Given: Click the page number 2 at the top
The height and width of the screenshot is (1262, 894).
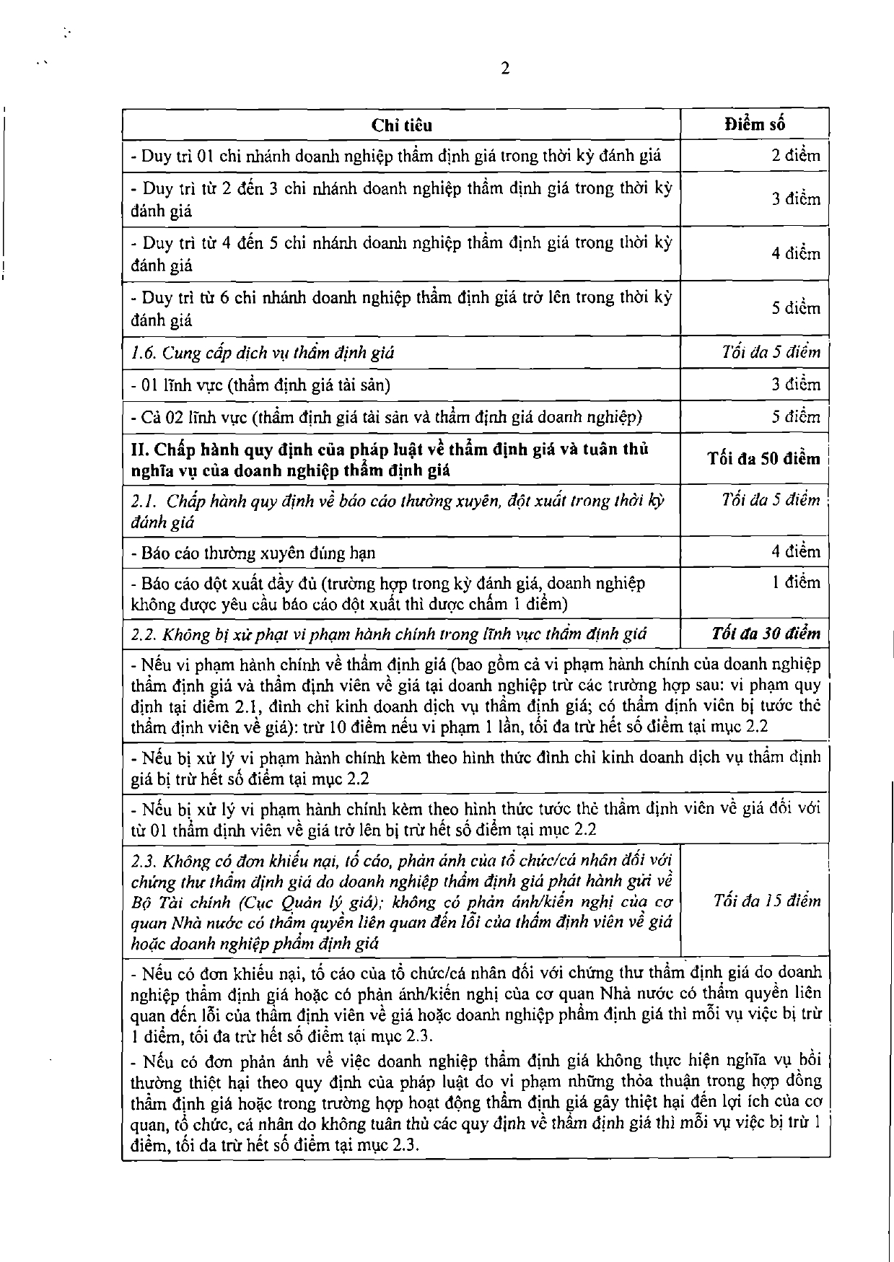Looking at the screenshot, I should (x=504, y=69).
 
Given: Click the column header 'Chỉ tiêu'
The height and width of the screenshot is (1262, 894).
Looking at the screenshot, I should (x=402, y=125).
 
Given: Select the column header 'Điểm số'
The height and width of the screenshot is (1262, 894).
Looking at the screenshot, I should (x=755, y=124).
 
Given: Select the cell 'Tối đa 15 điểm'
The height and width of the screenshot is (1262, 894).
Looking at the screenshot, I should (x=767, y=901).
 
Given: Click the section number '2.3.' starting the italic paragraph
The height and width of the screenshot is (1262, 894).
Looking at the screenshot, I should (x=144, y=861).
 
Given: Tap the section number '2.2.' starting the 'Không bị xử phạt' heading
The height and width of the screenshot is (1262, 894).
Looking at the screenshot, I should (x=144, y=635).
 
